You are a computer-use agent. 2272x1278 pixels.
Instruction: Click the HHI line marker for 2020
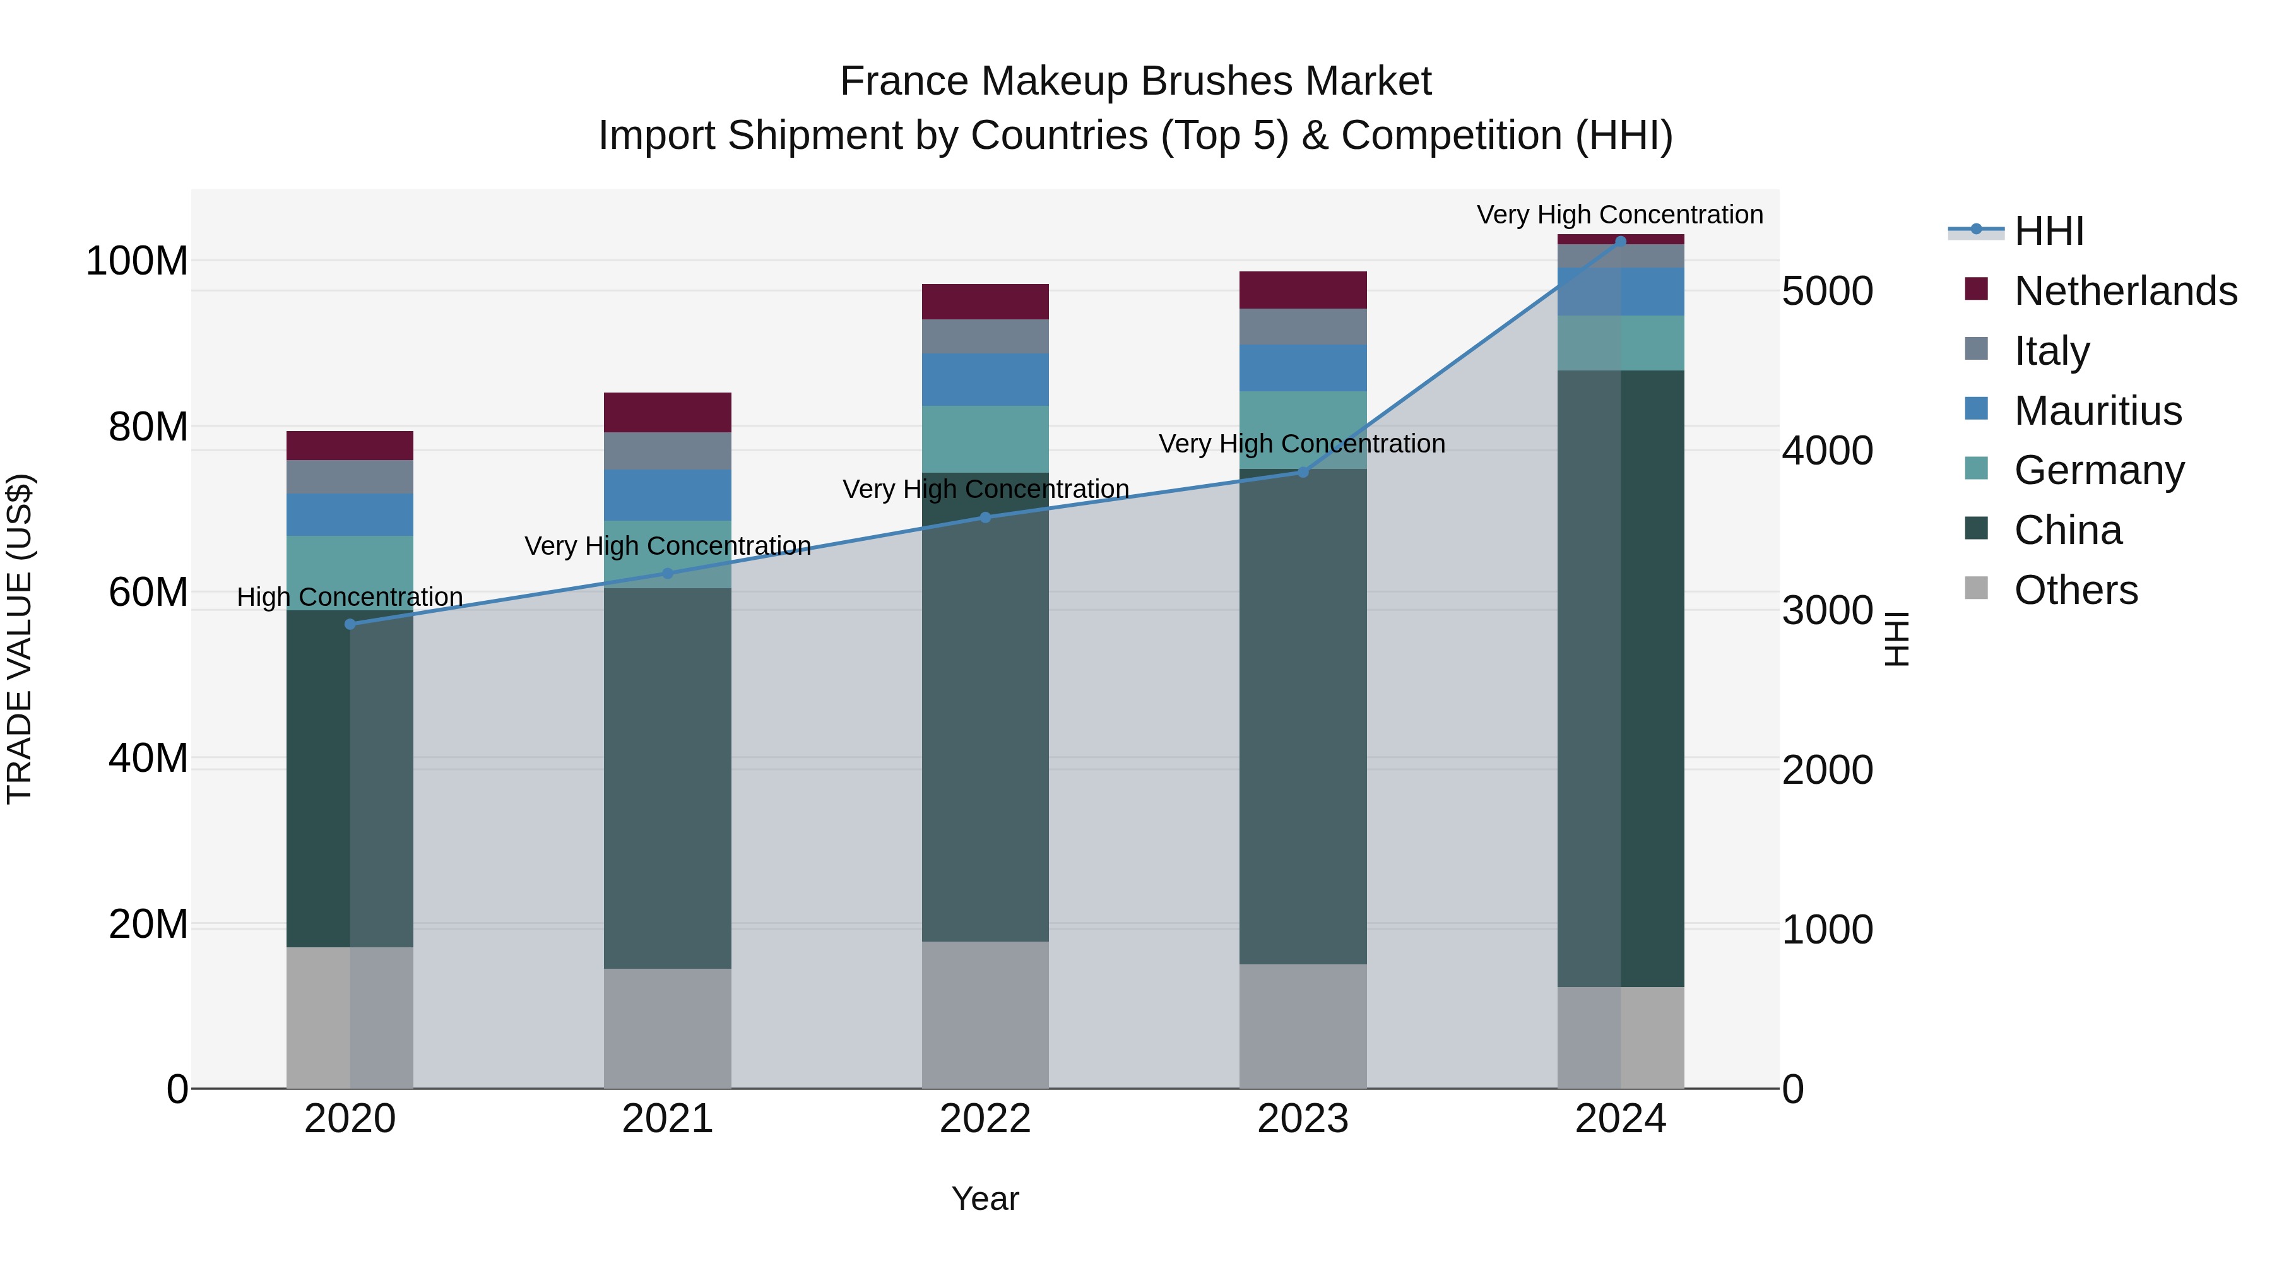click(x=350, y=624)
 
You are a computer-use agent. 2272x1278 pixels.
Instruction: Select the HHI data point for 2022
click(x=985, y=518)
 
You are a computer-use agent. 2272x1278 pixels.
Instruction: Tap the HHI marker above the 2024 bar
click(x=1620, y=241)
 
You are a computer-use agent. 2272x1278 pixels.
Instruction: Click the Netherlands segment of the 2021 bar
click(x=668, y=412)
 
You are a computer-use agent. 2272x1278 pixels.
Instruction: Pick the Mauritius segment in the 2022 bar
click(x=985, y=379)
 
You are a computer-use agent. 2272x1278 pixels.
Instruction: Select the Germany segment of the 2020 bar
click(x=350, y=572)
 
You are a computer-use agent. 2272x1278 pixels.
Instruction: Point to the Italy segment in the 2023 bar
click(x=1303, y=326)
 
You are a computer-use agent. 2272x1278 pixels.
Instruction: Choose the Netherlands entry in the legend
click(x=2126, y=291)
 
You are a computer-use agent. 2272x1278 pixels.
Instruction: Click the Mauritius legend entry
click(x=2097, y=411)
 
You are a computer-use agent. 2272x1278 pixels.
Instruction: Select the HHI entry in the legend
click(x=2049, y=231)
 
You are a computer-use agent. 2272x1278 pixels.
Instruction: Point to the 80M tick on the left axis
click(x=148, y=427)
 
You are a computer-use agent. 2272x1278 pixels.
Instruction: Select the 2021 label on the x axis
click(x=668, y=1119)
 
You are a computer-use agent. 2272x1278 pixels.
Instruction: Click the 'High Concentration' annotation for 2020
click(x=350, y=597)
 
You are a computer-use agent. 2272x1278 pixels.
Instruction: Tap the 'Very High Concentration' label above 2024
click(x=1619, y=215)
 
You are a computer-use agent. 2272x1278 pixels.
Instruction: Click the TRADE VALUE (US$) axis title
click(x=20, y=639)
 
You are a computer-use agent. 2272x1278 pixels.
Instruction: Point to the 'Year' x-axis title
click(x=985, y=1198)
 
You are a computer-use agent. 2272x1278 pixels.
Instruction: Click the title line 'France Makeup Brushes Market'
click(x=1135, y=81)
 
